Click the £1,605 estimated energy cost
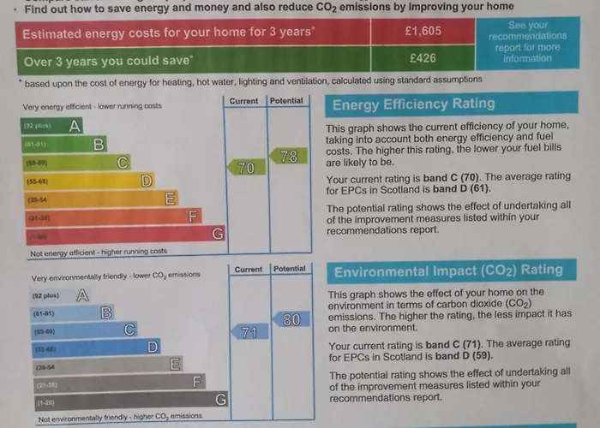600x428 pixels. click(x=423, y=32)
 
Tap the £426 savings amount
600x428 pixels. click(x=423, y=59)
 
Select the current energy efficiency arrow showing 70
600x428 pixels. click(x=243, y=168)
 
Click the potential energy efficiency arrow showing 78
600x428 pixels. click(x=286, y=157)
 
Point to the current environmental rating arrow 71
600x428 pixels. click(x=247, y=332)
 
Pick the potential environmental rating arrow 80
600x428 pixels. click(x=290, y=319)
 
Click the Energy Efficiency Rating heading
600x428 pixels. click(x=413, y=104)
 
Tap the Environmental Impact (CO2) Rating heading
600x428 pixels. click(x=447, y=271)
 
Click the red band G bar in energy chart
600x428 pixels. click(x=120, y=234)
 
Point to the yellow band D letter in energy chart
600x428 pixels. click(x=147, y=181)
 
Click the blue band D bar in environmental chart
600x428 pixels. click(x=94, y=347)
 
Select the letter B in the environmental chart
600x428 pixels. click(x=106, y=312)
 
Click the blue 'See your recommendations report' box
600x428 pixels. click(x=527, y=42)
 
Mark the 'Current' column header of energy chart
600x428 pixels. click(x=244, y=101)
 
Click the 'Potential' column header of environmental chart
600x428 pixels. click(x=289, y=269)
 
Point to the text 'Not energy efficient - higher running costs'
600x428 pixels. click(x=99, y=253)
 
